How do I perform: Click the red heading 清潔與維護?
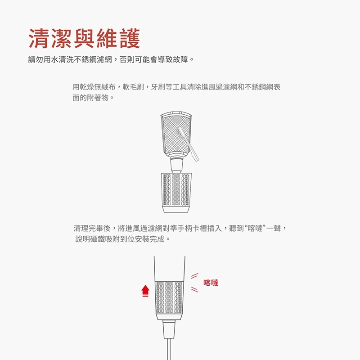[84, 39]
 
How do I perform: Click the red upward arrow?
[145, 291]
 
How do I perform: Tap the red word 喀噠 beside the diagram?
[211, 283]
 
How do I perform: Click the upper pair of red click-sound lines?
[194, 275]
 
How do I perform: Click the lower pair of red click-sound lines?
[194, 290]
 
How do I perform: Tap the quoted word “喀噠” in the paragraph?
[254, 229]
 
